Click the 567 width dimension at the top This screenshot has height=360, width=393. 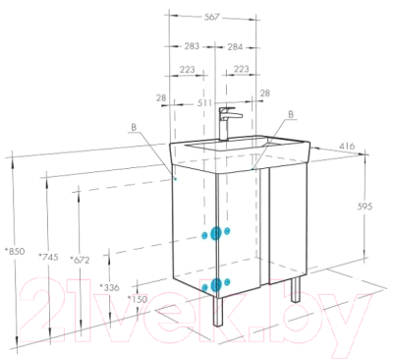(x=211, y=17)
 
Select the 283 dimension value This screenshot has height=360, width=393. (x=192, y=46)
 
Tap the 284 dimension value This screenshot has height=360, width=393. (x=235, y=47)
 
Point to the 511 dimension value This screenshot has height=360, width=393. (x=204, y=103)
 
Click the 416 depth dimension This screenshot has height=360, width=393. (x=347, y=146)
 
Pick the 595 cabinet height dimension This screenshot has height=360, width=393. (x=365, y=207)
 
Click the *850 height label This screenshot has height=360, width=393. (x=15, y=252)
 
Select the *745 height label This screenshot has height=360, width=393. (x=48, y=257)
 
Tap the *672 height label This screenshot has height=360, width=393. (x=80, y=260)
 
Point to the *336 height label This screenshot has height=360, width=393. (x=110, y=287)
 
